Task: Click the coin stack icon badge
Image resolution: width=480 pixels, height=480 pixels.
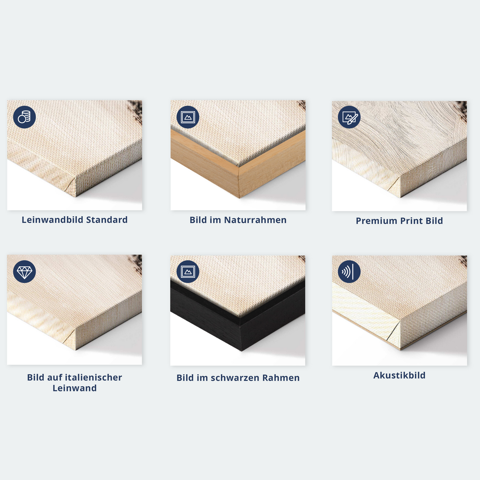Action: tap(24, 117)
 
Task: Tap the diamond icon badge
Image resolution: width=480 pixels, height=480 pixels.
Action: tap(24, 271)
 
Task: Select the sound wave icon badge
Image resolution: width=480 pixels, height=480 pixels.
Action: tap(349, 271)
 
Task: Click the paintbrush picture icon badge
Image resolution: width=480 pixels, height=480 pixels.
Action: tap(349, 117)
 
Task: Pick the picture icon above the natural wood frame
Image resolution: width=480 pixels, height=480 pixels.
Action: tap(188, 117)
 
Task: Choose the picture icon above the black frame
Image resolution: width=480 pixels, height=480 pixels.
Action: tap(188, 271)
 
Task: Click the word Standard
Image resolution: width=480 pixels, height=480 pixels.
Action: tap(107, 220)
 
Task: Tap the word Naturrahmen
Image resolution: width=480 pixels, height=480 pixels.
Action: tap(255, 220)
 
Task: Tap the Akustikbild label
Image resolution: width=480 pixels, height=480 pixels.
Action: tap(399, 375)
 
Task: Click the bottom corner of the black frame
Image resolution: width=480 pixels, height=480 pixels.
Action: tap(241, 351)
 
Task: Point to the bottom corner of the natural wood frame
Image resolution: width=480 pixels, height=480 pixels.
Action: tap(240, 198)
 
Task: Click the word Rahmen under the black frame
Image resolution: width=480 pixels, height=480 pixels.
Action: tap(281, 378)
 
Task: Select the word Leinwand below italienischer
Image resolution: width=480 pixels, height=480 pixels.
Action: tap(74, 388)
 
